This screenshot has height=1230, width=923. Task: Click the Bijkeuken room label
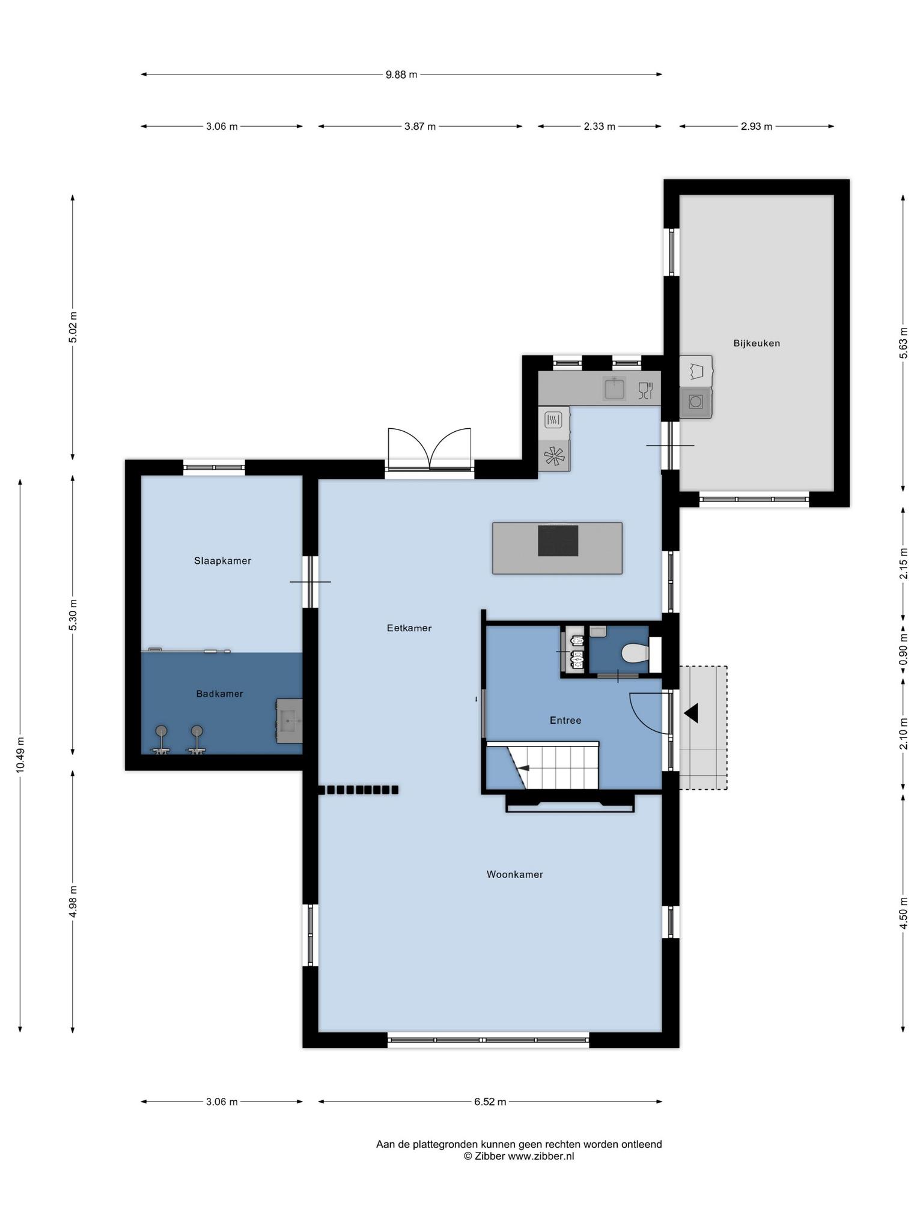pos(756,344)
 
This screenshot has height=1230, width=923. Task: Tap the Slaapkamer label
pos(222,561)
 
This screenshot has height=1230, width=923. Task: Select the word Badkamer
pos(220,694)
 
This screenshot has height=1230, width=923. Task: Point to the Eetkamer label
pos(409,628)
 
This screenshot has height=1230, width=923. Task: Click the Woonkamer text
pos(515,874)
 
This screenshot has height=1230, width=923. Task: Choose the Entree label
pos(565,720)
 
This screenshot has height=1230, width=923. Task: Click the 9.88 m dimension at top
pos(401,74)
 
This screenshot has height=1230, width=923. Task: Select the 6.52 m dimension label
pos(490,1101)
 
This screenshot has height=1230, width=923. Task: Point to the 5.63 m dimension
pos(903,343)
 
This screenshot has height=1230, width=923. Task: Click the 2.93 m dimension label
pos(757,126)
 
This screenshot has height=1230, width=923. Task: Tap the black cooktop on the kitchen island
pos(558,541)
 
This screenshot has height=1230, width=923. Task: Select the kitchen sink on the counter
pos(614,389)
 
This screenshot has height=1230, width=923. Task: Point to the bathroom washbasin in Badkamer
pos(289,721)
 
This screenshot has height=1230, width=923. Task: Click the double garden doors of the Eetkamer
pos(429,449)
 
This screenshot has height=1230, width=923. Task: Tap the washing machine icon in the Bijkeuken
pos(696,401)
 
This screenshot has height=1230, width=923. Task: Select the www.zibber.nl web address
pos(541,1156)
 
